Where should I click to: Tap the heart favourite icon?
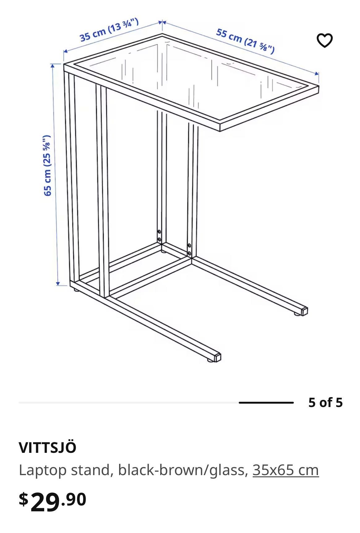click(324, 41)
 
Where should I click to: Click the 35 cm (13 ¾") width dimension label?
click(109, 30)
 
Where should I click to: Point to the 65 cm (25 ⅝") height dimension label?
click(47, 166)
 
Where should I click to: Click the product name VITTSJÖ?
click(47, 448)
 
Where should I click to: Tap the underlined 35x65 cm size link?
click(285, 470)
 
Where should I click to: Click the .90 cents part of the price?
click(74, 499)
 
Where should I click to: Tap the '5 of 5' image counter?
click(325, 402)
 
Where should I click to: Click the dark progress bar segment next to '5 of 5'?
click(266, 403)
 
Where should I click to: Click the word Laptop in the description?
click(43, 470)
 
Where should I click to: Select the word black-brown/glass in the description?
click(183, 470)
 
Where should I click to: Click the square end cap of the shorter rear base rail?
click(305, 310)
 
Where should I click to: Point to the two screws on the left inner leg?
click(159, 236)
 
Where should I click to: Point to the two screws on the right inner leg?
click(189, 249)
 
